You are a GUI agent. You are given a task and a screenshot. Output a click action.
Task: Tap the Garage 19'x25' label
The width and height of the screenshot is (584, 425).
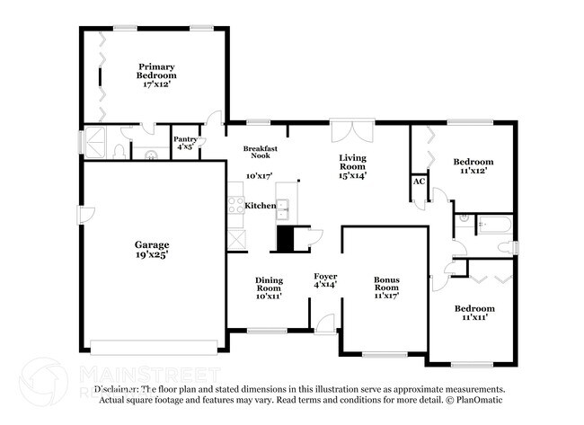(152, 249)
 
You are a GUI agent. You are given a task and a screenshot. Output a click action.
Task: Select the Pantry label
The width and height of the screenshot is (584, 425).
(185, 143)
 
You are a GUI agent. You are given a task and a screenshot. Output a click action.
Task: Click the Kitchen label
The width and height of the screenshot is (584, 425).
(261, 206)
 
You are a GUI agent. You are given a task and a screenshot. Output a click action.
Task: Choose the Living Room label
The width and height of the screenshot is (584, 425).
(352, 167)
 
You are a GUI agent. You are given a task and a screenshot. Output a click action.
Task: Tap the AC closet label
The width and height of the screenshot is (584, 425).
(419, 182)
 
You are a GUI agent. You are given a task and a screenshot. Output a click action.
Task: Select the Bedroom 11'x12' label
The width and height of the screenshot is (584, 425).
(473, 167)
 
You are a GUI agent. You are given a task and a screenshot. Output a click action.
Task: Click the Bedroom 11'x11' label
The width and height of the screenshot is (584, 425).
(473, 313)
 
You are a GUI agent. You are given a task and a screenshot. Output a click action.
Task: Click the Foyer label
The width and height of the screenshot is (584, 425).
(324, 280)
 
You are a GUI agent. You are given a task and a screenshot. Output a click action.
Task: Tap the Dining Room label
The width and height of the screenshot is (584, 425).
(269, 286)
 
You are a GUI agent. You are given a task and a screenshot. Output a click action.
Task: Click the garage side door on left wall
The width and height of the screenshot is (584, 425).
(83, 215)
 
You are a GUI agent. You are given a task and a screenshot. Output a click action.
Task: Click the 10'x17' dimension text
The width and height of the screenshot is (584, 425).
(259, 176)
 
